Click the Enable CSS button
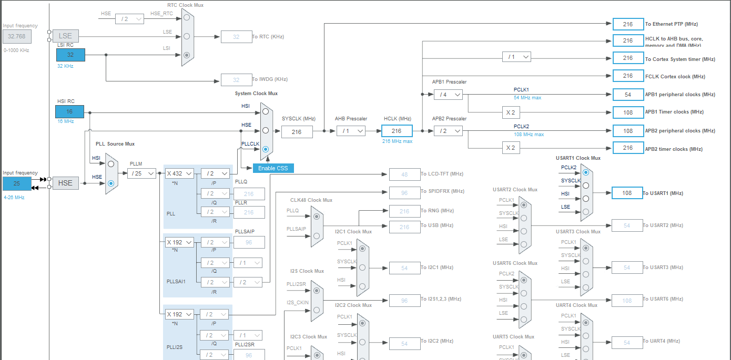tap(273, 168)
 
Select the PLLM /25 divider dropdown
tap(141, 173)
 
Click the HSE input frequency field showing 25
tap(17, 183)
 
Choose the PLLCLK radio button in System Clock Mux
tap(266, 149)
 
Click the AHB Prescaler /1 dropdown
tap(351, 131)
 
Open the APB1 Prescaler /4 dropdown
tap(448, 95)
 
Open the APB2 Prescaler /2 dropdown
tap(448, 131)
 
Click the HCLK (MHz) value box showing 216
tap(397, 131)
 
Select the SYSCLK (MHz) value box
tap(297, 131)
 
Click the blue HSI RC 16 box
tap(69, 112)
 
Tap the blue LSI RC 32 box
tap(70, 55)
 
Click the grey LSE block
tap(66, 36)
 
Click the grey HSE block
tap(66, 183)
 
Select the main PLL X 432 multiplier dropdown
tap(179, 173)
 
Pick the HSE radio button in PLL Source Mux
tap(111, 183)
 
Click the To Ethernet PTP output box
tap(628, 24)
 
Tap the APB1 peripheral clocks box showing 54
tap(628, 95)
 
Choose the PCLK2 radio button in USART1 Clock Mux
tap(585, 172)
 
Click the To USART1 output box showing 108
tap(627, 193)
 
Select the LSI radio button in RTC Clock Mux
tap(187, 55)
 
